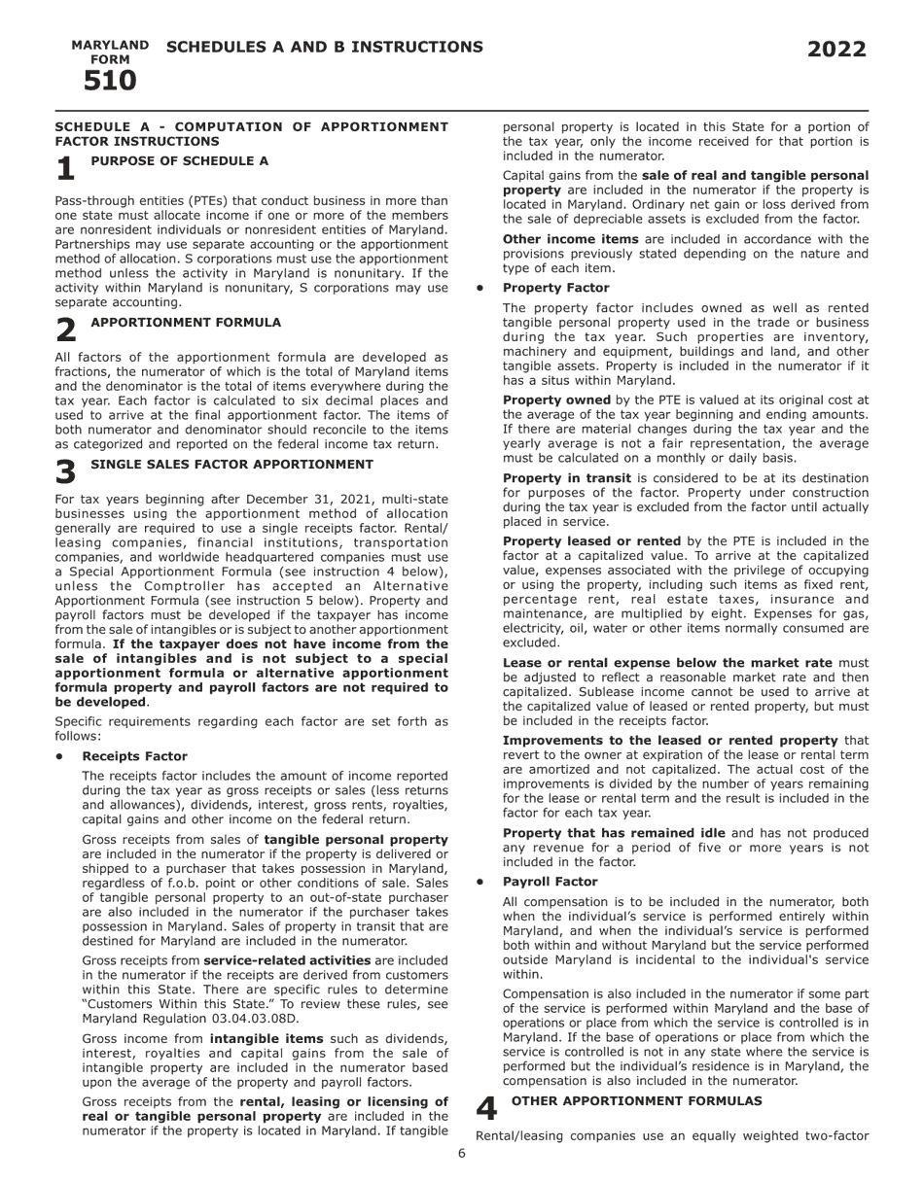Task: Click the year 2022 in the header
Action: (836, 50)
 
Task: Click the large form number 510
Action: (110, 82)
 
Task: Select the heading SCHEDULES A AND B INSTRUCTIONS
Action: (324, 47)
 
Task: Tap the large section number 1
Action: (65, 169)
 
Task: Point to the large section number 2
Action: (65, 330)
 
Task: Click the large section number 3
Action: (65, 472)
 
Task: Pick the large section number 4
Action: (486, 1109)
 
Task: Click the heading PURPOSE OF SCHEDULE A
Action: (180, 160)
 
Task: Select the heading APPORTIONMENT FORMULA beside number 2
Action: (186, 322)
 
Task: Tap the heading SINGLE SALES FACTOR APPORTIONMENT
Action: (231, 465)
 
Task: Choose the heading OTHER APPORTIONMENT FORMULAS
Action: (636, 1100)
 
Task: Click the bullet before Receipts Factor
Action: (60, 756)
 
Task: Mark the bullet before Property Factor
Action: (480, 289)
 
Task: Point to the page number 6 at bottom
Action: (462, 1154)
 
